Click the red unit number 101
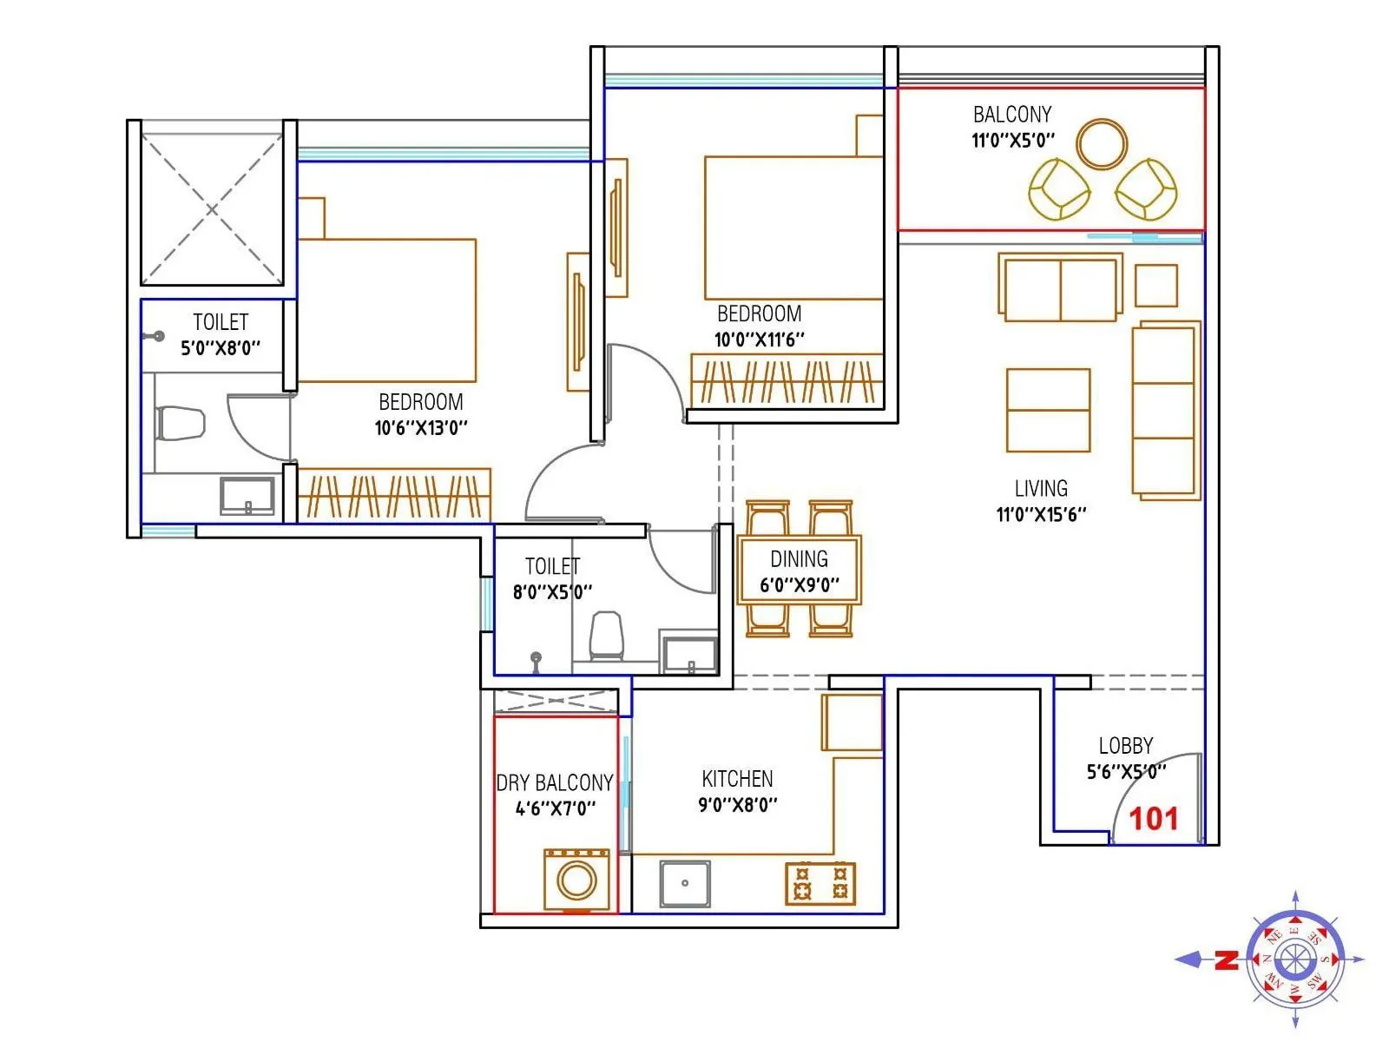1154,819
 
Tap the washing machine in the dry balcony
576,880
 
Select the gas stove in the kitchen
820,883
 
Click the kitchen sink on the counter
685,883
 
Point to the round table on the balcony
1102,143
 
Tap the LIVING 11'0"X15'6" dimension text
1041,514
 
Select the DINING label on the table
799,559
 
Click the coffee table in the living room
1048,410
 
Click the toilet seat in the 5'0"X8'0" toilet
180,423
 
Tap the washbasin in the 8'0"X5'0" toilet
689,655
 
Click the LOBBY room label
1125,746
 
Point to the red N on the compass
1226,960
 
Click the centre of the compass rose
1295,960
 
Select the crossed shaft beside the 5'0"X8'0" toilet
212,208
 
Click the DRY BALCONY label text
554,783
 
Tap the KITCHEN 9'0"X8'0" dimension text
737,805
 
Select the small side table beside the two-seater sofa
1156,286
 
